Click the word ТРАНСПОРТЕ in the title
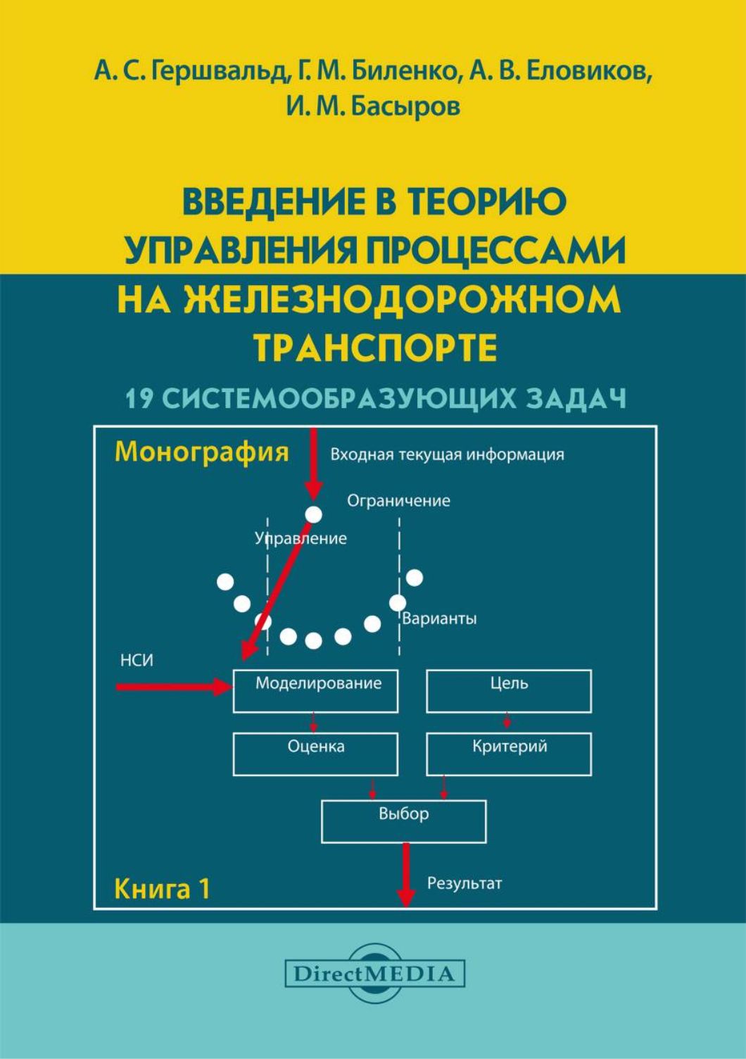[374, 348]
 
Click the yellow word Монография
[201, 451]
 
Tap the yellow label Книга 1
[162, 889]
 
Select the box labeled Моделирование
[315, 690]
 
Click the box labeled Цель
[508, 690]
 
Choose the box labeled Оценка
[315, 754]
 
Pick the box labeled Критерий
[508, 754]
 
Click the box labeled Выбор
[403, 820]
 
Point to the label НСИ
[137, 660]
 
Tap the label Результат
[464, 882]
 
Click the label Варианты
[439, 619]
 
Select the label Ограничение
[398, 501]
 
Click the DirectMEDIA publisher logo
[374, 974]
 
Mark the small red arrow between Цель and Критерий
[507, 722]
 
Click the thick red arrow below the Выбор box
[405, 874]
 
